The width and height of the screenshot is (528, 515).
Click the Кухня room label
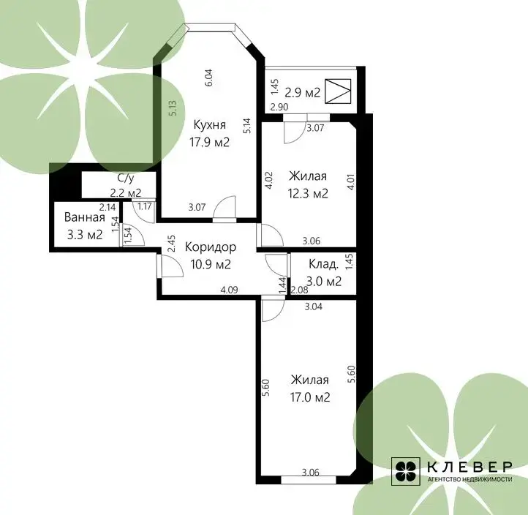pyautogui.click(x=209, y=125)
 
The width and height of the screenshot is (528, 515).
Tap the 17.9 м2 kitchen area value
pyautogui.click(x=209, y=142)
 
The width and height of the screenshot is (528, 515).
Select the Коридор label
pyautogui.click(x=211, y=247)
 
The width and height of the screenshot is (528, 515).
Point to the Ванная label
pyautogui.click(x=85, y=217)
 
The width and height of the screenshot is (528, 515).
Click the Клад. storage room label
pyautogui.click(x=324, y=264)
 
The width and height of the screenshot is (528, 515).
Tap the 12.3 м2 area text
pyautogui.click(x=308, y=194)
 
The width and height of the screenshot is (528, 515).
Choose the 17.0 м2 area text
pyautogui.click(x=310, y=397)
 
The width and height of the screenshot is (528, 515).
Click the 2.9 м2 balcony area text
pyautogui.click(x=302, y=92)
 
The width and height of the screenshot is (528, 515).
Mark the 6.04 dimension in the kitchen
pyautogui.click(x=208, y=78)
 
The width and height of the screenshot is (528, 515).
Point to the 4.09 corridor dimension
pyautogui.click(x=229, y=290)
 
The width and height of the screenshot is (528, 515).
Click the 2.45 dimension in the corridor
pyautogui.click(x=171, y=244)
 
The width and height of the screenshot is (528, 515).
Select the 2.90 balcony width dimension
pyautogui.click(x=279, y=107)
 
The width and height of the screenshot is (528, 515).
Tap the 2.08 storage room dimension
pyautogui.click(x=299, y=290)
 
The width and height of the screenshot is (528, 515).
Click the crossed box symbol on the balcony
pyautogui.click(x=338, y=91)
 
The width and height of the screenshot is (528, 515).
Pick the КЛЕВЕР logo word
pyautogui.click(x=469, y=467)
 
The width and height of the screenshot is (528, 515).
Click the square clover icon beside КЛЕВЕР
pyautogui.click(x=405, y=472)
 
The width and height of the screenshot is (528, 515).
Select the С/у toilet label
pyautogui.click(x=126, y=178)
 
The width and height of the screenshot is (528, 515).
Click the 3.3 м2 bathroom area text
pyautogui.click(x=85, y=234)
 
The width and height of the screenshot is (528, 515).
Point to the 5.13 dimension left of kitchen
pyautogui.click(x=173, y=108)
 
